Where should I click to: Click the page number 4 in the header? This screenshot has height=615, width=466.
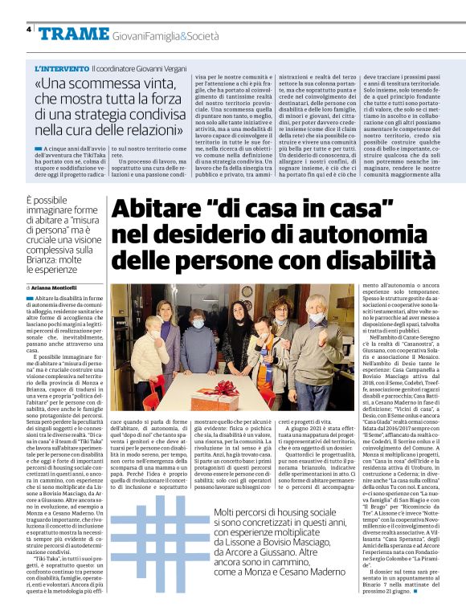pos(28,29)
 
